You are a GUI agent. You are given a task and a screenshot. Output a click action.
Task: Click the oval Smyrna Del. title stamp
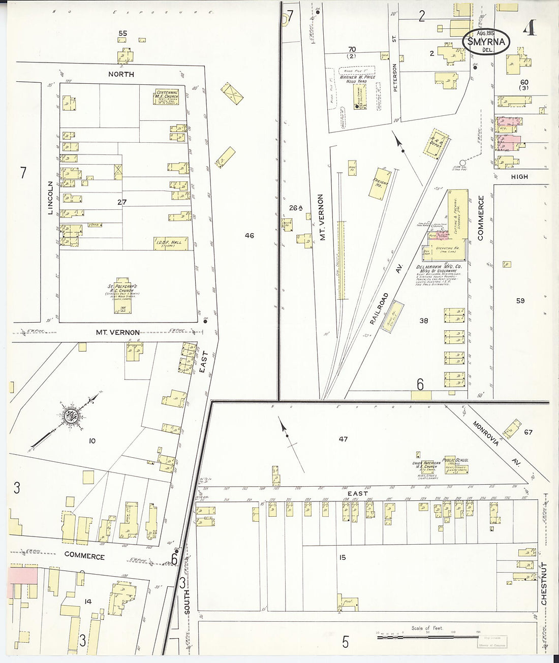click(484, 43)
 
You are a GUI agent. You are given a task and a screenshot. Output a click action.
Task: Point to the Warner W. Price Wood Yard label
click(358, 79)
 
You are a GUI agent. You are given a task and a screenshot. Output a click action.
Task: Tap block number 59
click(520, 301)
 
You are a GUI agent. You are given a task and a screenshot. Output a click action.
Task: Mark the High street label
click(519, 177)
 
